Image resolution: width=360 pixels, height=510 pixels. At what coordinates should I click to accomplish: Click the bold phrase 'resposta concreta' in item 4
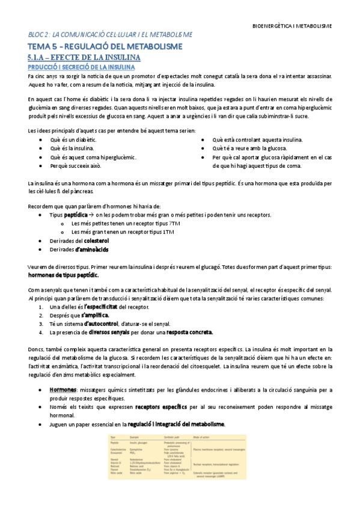(191, 332)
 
